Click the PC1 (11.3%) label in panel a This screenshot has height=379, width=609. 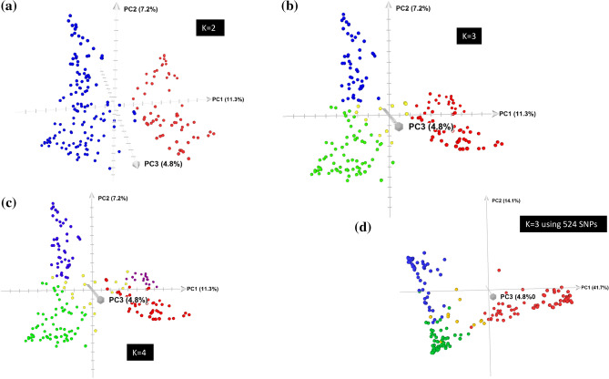228,97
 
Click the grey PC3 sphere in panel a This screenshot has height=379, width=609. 137,165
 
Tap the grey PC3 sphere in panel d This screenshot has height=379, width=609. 491,297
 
